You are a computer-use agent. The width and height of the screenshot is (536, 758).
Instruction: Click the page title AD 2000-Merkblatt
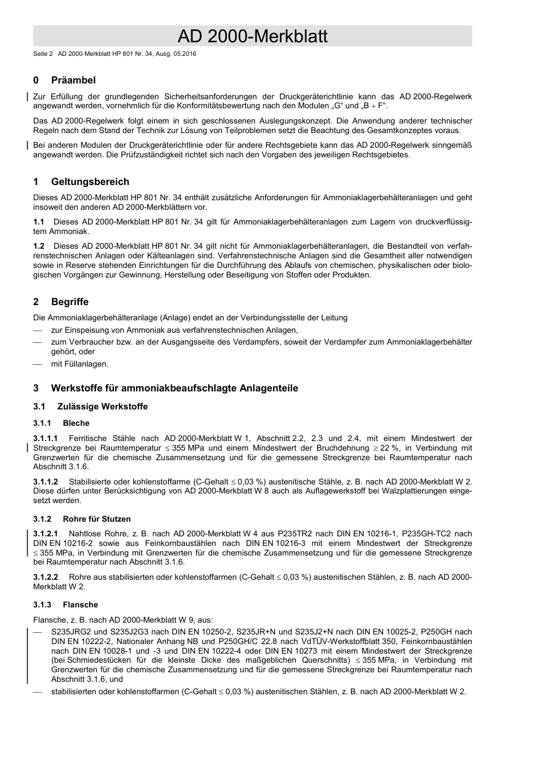click(252, 37)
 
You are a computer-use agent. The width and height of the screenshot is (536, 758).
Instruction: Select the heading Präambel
click(73, 80)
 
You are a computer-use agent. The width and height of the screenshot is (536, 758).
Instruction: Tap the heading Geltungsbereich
click(90, 182)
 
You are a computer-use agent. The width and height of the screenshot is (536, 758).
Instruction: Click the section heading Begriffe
click(69, 302)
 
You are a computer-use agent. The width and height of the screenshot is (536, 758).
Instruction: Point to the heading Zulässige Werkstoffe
click(102, 407)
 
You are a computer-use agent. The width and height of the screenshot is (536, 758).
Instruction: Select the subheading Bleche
click(76, 423)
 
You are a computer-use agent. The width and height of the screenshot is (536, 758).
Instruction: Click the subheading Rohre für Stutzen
click(96, 519)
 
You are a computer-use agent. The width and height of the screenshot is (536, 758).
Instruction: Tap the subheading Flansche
click(80, 605)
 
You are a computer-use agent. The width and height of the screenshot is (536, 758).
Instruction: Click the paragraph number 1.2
click(38, 246)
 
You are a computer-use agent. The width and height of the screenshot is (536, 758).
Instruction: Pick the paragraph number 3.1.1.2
click(45, 482)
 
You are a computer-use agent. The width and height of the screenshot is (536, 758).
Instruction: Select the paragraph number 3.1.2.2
click(45, 577)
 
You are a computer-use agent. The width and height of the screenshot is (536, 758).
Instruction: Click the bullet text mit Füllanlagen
click(80, 364)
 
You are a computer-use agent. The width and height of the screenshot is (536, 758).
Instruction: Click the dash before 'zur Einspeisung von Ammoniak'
click(38, 330)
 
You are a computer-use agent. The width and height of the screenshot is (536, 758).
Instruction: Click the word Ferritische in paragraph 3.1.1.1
click(87, 438)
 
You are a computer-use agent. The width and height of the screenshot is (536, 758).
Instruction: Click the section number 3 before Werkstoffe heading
click(36, 388)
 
